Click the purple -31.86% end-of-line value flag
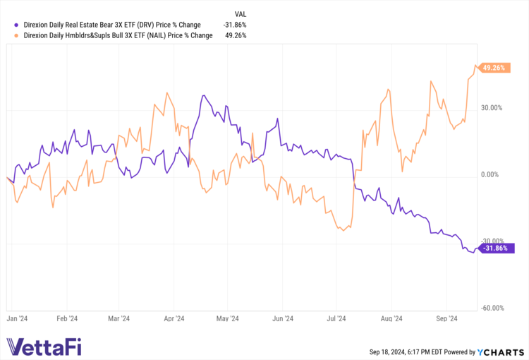[497, 248]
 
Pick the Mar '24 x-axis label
[119, 318]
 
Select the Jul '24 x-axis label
[337, 318]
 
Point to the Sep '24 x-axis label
[447, 318]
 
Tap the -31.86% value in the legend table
[235, 25]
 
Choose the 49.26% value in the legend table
[236, 35]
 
